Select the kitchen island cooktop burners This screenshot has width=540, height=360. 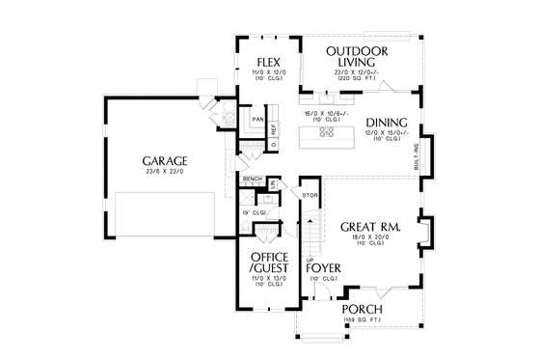[x=326, y=133]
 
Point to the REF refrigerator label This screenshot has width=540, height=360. [x=274, y=127]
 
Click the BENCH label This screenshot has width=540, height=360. [x=253, y=180]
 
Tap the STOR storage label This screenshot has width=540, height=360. [x=310, y=196]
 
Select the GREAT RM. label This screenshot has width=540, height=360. [x=370, y=227]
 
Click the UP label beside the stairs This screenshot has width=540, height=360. [x=309, y=260]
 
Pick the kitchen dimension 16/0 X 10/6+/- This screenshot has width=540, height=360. [x=326, y=114]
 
